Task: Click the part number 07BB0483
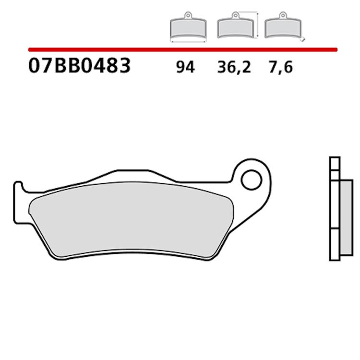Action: (79, 66)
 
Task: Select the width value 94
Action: (185, 68)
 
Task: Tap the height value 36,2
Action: (234, 68)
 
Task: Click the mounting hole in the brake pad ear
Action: (251, 181)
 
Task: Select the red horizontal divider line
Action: (182, 49)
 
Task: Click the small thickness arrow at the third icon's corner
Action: (302, 40)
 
